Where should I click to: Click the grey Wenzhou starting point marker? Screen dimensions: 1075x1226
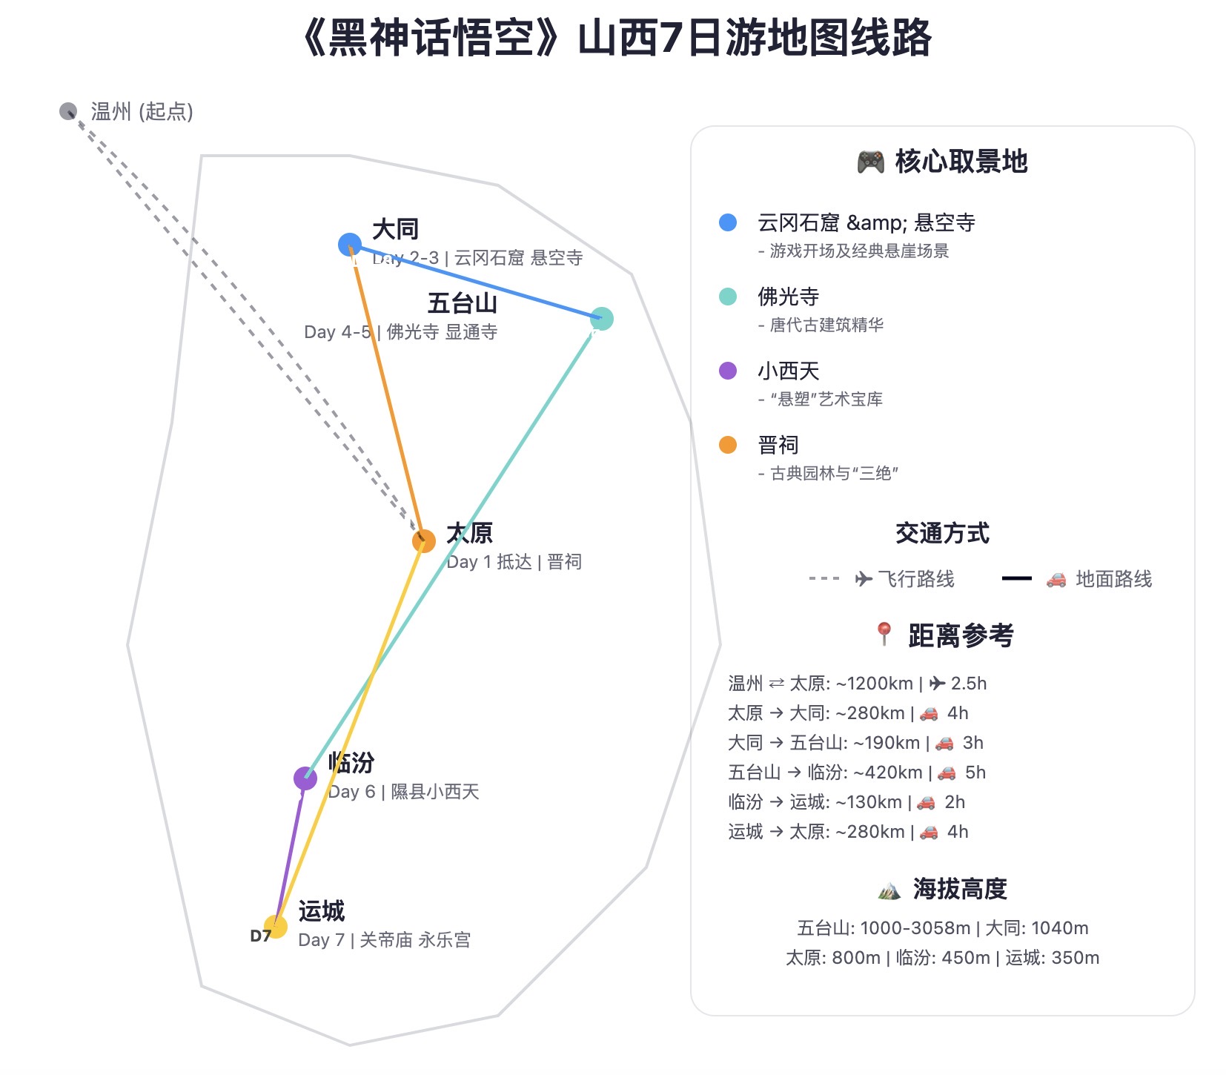(68, 111)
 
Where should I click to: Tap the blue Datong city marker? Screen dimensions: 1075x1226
(350, 244)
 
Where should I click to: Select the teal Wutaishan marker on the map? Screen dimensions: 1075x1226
(602, 319)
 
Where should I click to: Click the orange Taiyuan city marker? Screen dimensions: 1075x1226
(424, 541)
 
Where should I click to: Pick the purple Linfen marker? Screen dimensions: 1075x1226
(305, 778)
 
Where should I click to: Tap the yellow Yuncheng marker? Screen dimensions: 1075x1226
(276, 927)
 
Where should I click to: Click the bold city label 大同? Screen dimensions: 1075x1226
(395, 230)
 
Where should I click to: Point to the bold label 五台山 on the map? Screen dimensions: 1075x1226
(462, 304)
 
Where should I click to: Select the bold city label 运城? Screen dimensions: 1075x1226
(322, 911)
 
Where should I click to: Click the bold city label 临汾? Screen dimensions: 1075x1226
(351, 763)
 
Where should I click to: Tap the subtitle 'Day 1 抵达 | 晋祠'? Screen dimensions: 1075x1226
(514, 562)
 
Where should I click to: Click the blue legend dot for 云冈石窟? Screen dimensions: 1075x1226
(728, 222)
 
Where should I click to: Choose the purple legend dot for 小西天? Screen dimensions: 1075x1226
(728, 371)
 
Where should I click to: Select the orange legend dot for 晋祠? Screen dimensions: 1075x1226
(728, 445)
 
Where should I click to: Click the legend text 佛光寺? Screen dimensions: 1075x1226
(788, 297)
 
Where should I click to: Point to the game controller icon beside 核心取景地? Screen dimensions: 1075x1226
(870, 162)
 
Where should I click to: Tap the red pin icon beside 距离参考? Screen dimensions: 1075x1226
(884, 635)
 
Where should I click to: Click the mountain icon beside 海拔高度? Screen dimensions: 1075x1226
(889, 889)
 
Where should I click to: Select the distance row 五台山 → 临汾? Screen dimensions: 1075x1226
(857, 773)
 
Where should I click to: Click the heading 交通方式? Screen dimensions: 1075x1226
(942, 533)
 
